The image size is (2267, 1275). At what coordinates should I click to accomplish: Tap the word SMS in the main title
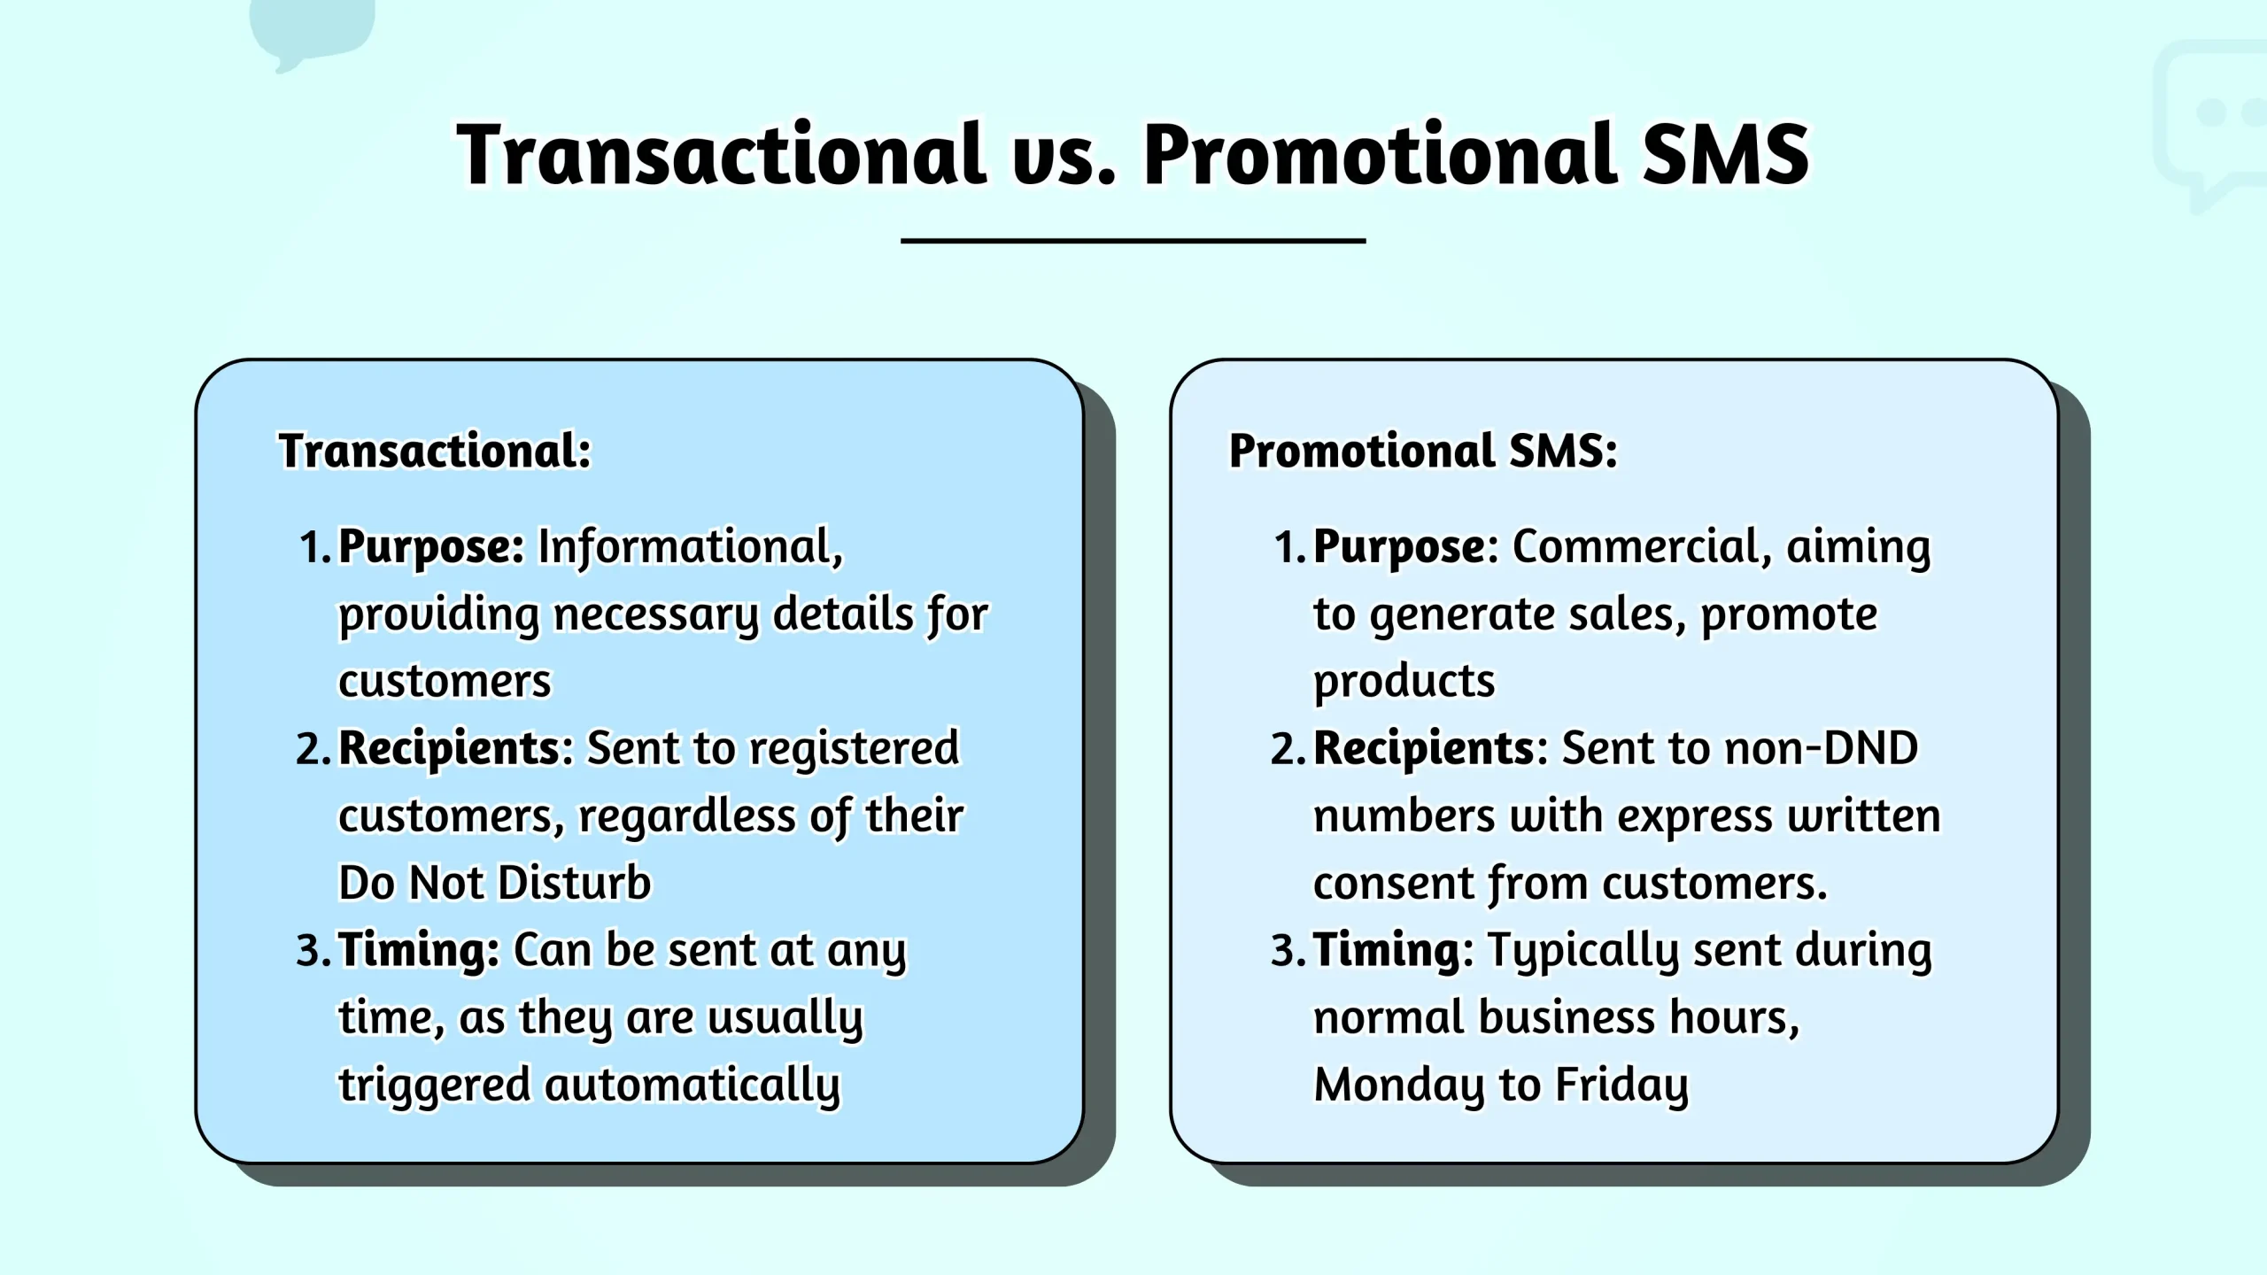pyautogui.click(x=1726, y=155)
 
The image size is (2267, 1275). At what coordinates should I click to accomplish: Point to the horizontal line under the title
pyautogui.click(x=1133, y=240)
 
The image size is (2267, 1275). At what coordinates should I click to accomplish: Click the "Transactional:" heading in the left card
pyautogui.click(x=435, y=451)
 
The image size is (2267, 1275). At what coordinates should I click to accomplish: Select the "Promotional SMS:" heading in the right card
pyautogui.click(x=1423, y=451)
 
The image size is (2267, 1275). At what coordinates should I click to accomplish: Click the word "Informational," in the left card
pyautogui.click(x=691, y=547)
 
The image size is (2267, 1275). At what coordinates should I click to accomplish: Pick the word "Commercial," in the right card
pyautogui.click(x=1642, y=547)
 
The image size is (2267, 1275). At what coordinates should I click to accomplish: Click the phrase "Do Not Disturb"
pyautogui.click(x=495, y=884)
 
